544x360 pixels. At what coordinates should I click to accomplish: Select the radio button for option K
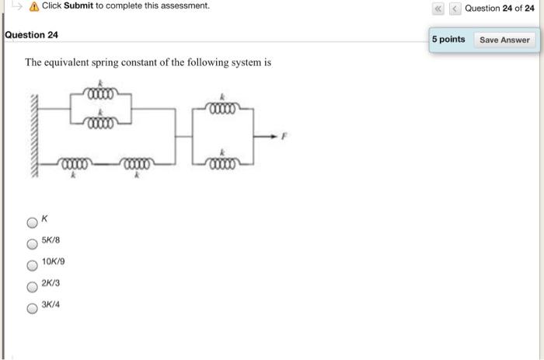(31, 222)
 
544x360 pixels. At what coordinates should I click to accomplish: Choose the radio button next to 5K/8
(31, 243)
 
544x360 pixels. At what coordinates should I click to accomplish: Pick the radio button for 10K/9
(31, 264)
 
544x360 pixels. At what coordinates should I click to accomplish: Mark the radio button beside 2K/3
(31, 285)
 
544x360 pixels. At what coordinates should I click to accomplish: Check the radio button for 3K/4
(31, 307)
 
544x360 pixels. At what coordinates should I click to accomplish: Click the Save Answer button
(504, 40)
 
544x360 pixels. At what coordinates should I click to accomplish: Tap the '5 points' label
(450, 40)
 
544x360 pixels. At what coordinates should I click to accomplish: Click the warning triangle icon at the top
(33, 6)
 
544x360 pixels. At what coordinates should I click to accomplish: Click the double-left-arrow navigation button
(438, 8)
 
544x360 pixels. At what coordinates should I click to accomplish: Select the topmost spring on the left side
(100, 95)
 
